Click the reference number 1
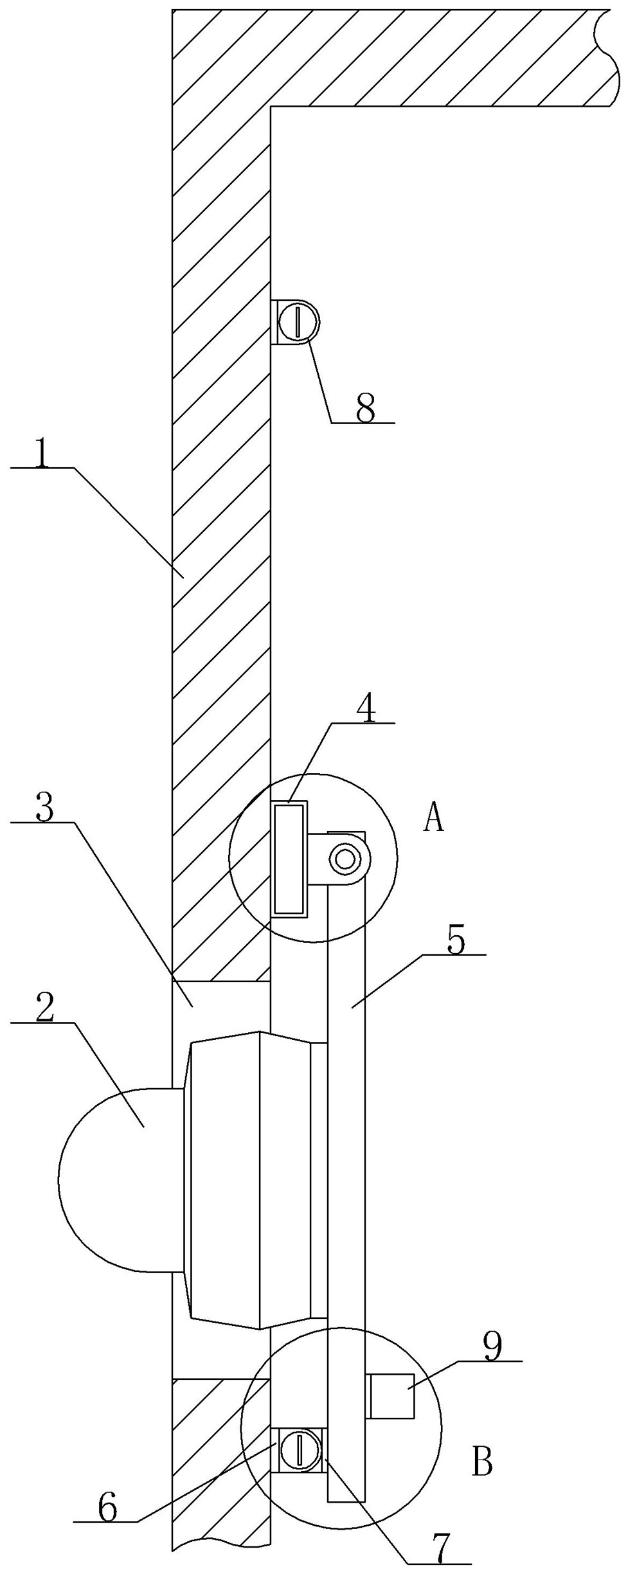(x=42, y=454)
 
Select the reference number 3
(x=44, y=809)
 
